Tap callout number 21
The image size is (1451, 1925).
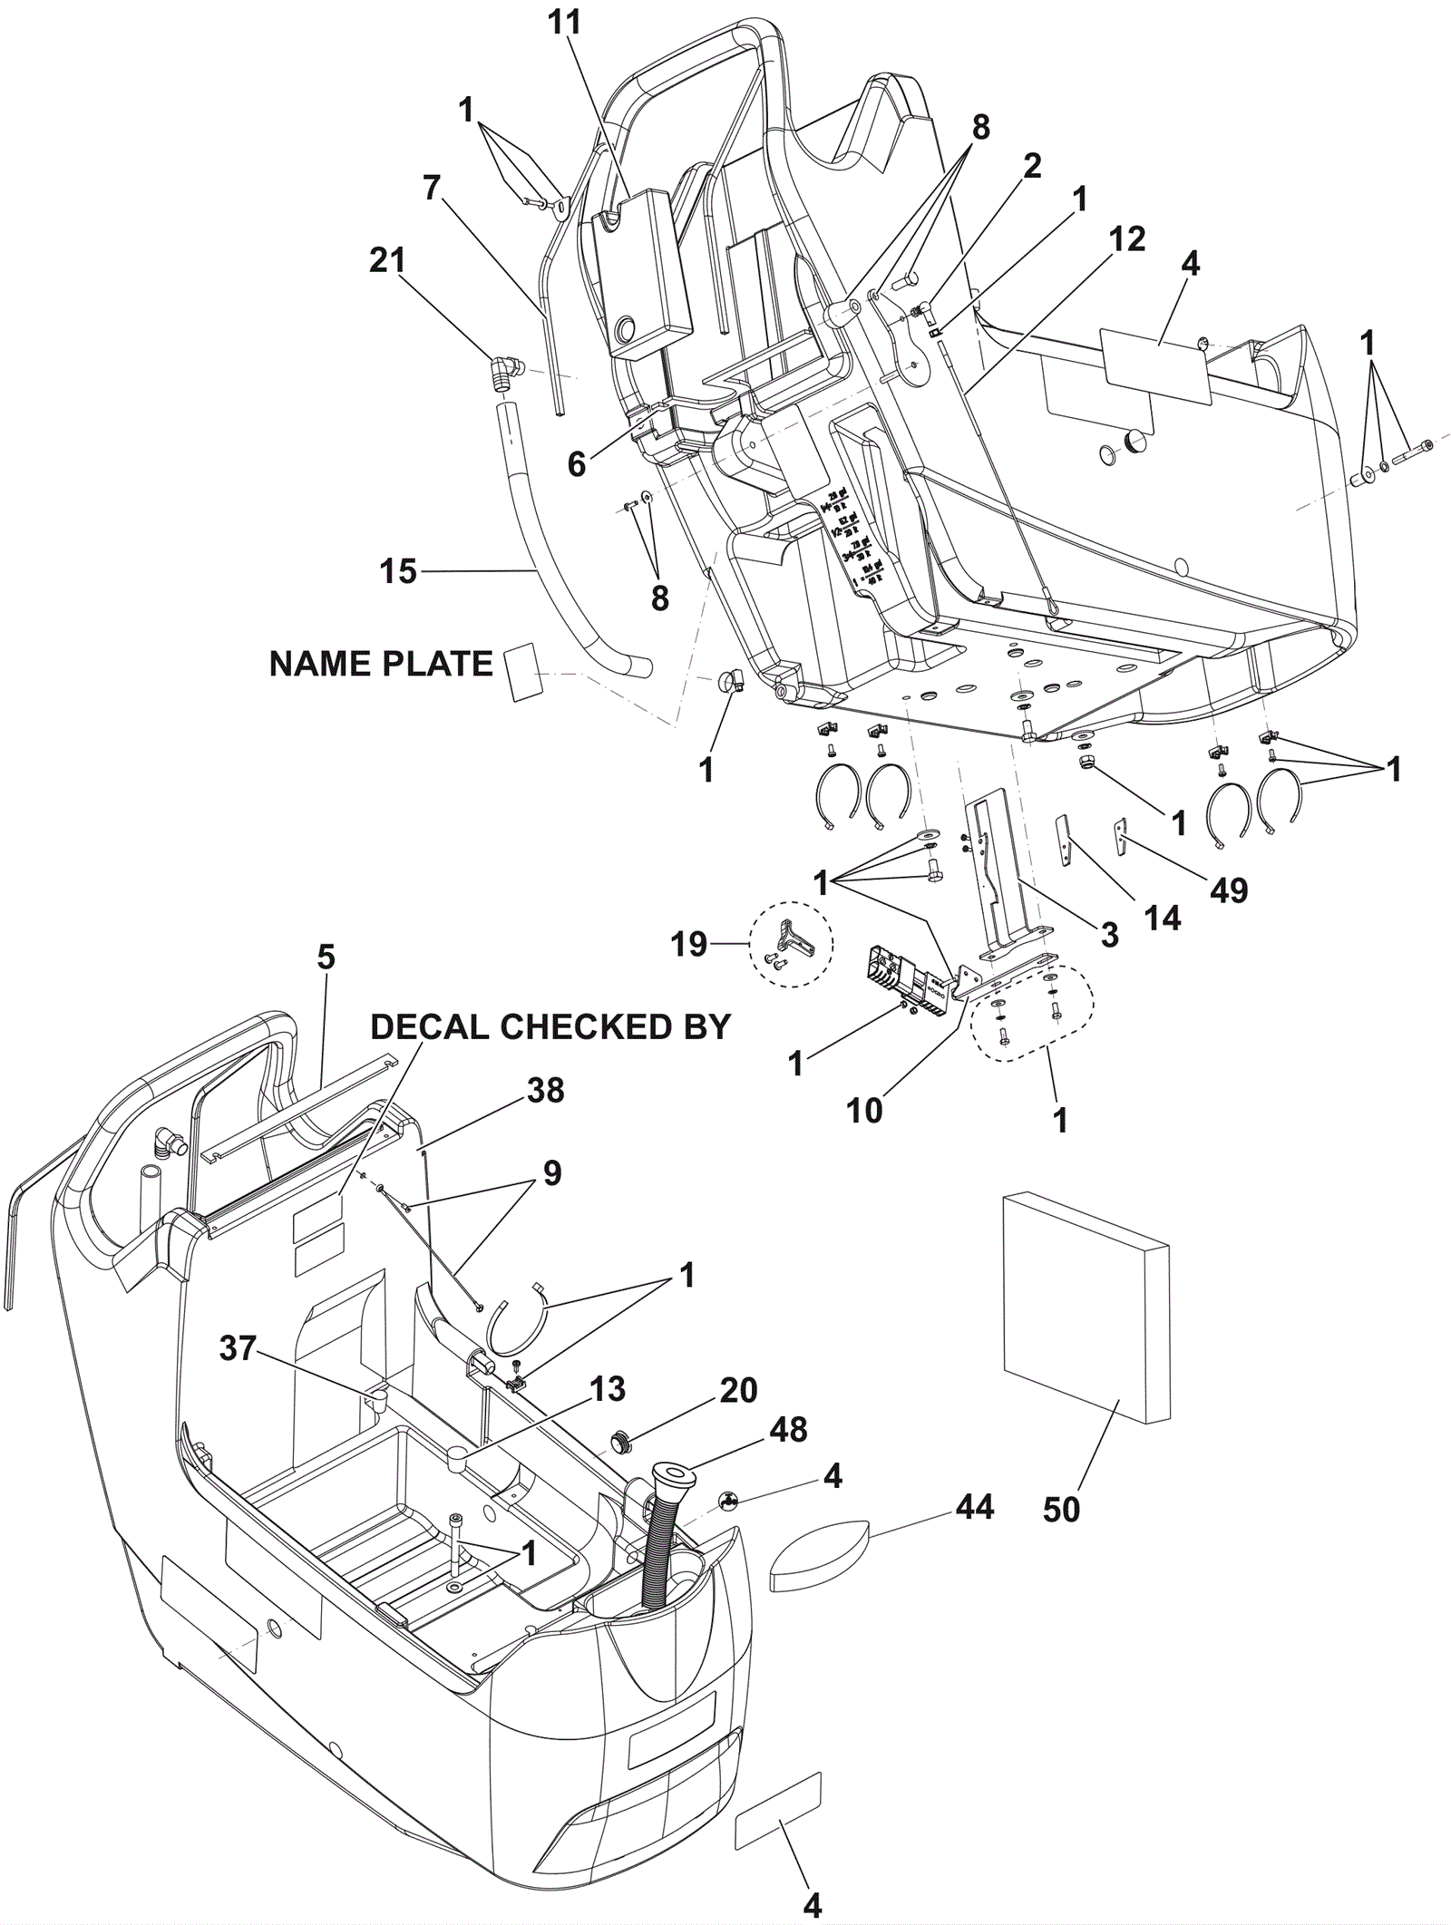[388, 261]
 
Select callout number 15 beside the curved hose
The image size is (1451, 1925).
[398, 571]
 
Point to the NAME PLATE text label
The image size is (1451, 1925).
[381, 665]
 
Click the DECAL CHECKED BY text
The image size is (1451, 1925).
[550, 1026]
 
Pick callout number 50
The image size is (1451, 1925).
[1061, 1512]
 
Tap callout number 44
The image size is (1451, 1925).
[974, 1507]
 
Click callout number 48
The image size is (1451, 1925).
[788, 1430]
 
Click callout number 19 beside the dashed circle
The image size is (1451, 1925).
[689, 944]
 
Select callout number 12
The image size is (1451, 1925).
[1126, 239]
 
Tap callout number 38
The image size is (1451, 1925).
[546, 1091]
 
